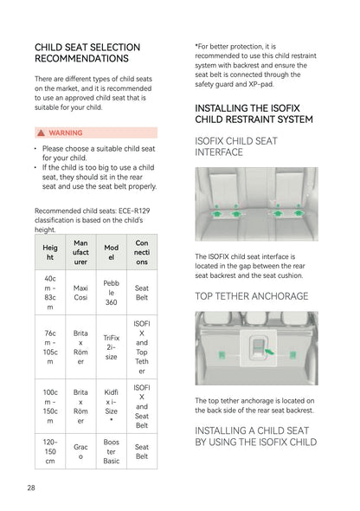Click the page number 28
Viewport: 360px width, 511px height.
click(31, 488)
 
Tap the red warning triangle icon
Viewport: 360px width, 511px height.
click(41, 133)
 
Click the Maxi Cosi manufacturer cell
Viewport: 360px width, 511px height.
click(80, 293)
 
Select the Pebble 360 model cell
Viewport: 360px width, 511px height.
click(112, 293)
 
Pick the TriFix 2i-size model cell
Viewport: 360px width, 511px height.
click(112, 347)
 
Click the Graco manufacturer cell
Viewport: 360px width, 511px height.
click(80, 452)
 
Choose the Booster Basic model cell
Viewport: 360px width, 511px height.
click(112, 452)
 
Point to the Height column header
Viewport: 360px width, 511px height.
click(50, 252)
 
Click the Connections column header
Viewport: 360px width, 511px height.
click(142, 252)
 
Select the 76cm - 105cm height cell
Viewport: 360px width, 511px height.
click(50, 347)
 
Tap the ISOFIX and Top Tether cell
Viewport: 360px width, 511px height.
click(142, 347)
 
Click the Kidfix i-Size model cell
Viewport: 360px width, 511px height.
click(112, 406)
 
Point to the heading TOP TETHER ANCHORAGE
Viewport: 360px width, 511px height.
click(252, 296)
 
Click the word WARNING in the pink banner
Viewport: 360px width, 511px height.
click(66, 133)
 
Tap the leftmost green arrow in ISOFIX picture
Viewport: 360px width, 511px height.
click(216, 213)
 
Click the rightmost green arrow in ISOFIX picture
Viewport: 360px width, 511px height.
click(298, 212)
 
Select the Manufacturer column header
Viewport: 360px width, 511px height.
click(80, 252)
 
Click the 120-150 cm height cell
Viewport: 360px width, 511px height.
click(50, 452)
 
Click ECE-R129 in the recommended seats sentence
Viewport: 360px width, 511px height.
click(134, 210)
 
